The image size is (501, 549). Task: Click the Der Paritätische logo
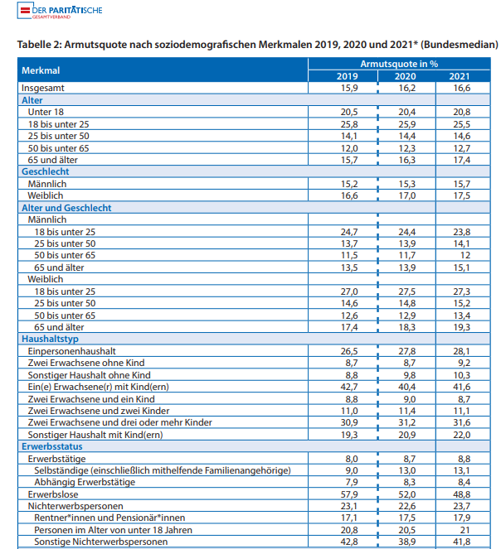pyautogui.click(x=60, y=11)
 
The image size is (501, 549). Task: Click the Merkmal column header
pyautogui.click(x=41, y=70)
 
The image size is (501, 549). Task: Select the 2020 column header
pyautogui.click(x=406, y=76)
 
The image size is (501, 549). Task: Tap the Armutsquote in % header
pyautogui.click(x=399, y=64)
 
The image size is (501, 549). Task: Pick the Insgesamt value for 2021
pyautogui.click(x=462, y=88)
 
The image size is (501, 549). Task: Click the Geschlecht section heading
pyautogui.click(x=46, y=171)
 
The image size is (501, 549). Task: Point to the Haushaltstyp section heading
pyautogui.click(x=50, y=339)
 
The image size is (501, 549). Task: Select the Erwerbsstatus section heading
pyautogui.click(x=52, y=446)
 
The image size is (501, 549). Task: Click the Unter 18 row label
pyautogui.click(x=46, y=112)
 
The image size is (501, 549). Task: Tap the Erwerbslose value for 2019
pyautogui.click(x=349, y=494)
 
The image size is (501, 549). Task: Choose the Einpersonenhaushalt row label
pyautogui.click(x=72, y=351)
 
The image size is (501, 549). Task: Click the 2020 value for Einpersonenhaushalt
pyautogui.click(x=407, y=351)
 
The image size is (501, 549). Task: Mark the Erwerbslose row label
pyautogui.click(x=53, y=494)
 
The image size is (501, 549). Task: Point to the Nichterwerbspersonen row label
pyautogui.click(x=75, y=506)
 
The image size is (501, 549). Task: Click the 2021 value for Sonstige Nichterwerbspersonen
pyautogui.click(x=462, y=542)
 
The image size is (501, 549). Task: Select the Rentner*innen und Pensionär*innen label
pyautogui.click(x=109, y=518)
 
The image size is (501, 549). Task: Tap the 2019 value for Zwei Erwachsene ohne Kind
pyautogui.click(x=352, y=363)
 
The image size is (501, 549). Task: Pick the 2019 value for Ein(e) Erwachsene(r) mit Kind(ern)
pyautogui.click(x=349, y=387)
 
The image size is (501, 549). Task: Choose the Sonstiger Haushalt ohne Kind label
pyautogui.click(x=89, y=375)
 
